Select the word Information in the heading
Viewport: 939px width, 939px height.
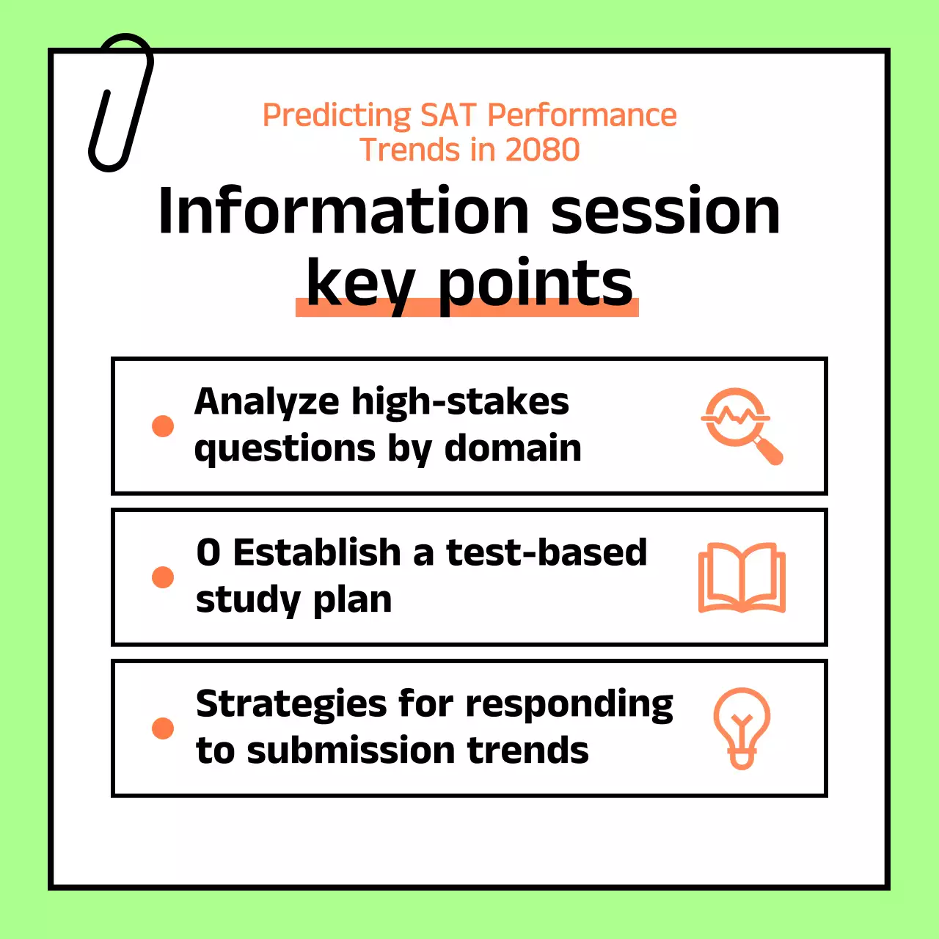[x=343, y=211]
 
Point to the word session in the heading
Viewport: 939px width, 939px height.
[x=665, y=211]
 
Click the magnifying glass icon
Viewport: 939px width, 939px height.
[x=742, y=426]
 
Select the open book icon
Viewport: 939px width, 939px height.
[x=742, y=577]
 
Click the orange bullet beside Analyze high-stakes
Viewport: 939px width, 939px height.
[x=163, y=426]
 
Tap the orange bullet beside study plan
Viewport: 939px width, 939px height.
[x=163, y=577]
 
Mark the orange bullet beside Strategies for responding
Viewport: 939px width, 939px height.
[x=163, y=728]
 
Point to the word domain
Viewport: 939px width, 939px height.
[x=513, y=447]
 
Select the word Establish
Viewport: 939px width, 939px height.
[x=317, y=552]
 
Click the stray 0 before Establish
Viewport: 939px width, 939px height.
[x=208, y=552]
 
